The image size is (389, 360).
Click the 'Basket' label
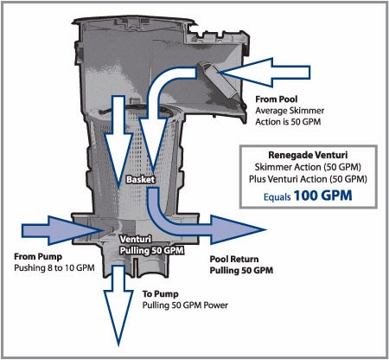tap(140, 179)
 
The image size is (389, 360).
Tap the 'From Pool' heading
tap(277, 100)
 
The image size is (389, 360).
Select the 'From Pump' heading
tap(38, 257)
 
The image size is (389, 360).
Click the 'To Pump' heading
tap(160, 294)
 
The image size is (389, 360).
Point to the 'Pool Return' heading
tap(234, 259)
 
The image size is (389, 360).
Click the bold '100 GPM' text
tap(322, 196)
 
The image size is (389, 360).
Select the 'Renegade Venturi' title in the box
tap(308, 155)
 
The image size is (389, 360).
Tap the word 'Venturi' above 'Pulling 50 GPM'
tap(136, 239)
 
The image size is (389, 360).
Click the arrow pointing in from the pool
tap(266, 73)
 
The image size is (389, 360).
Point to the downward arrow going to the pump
tap(118, 305)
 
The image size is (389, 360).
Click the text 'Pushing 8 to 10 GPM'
tap(54, 267)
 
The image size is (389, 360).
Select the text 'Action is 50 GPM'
tap(288, 122)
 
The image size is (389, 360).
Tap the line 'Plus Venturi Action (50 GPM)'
tap(308, 179)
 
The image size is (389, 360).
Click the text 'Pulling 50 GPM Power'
tap(185, 305)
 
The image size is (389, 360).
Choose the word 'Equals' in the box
tap(277, 197)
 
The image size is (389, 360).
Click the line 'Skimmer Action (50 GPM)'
tap(308, 167)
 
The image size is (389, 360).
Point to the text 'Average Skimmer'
tap(290, 111)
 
